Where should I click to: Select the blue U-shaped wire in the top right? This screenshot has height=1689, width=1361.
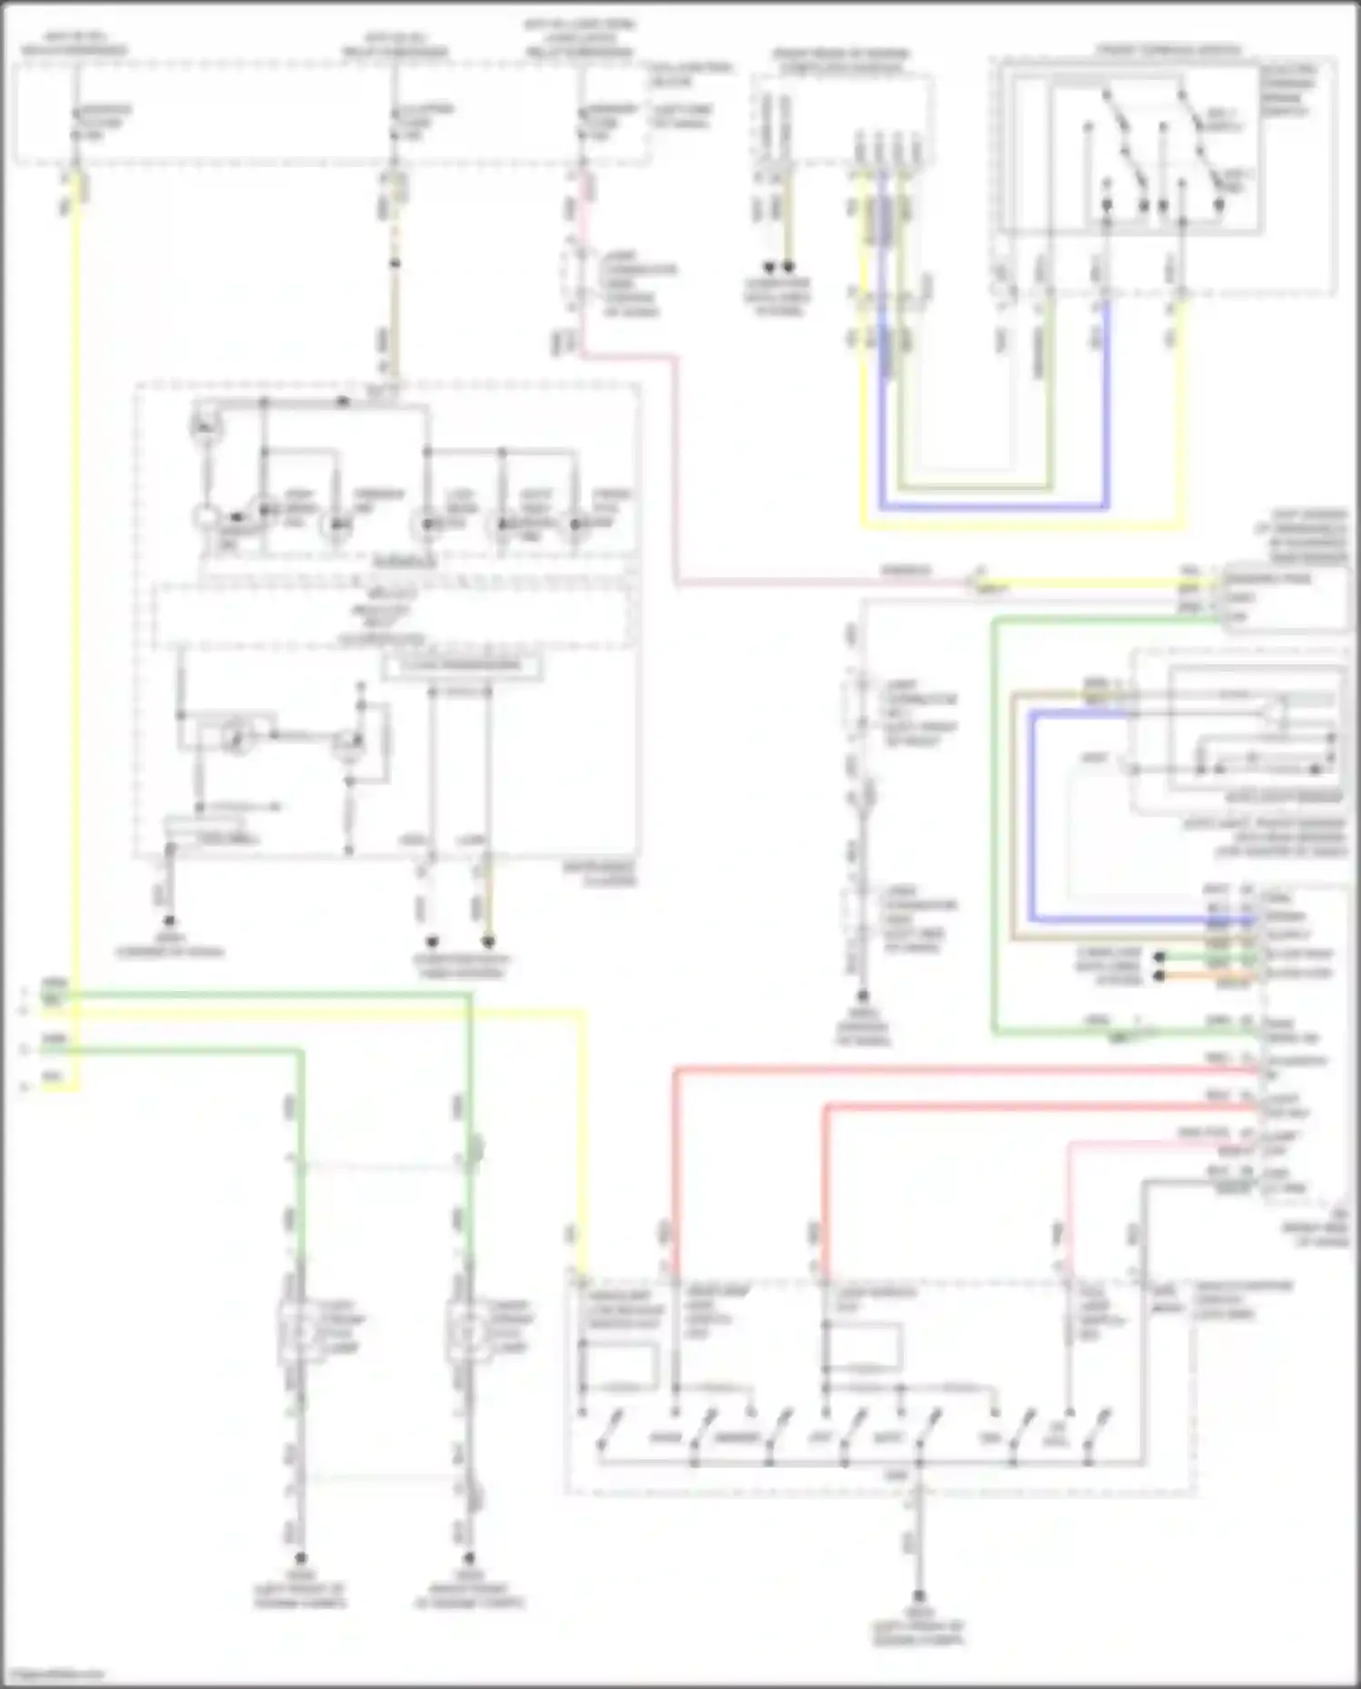coord(994,505)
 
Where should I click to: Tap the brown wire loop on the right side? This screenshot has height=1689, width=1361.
coord(1013,817)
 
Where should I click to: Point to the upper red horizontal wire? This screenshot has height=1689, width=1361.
coord(962,1072)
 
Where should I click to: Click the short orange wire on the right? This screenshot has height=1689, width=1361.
coord(1207,977)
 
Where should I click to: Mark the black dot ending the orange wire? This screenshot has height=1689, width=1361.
coord(1159,977)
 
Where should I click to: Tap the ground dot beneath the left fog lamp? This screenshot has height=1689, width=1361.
coord(300,1557)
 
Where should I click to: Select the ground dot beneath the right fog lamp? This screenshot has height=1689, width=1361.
coord(468,1557)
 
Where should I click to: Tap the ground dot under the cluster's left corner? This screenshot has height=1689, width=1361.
coord(169,919)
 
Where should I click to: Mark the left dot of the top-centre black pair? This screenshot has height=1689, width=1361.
coord(769,268)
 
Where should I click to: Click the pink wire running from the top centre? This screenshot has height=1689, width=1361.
coord(677,472)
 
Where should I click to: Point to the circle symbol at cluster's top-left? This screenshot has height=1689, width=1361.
coord(205,426)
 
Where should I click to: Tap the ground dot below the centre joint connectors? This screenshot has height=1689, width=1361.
coord(863,997)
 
